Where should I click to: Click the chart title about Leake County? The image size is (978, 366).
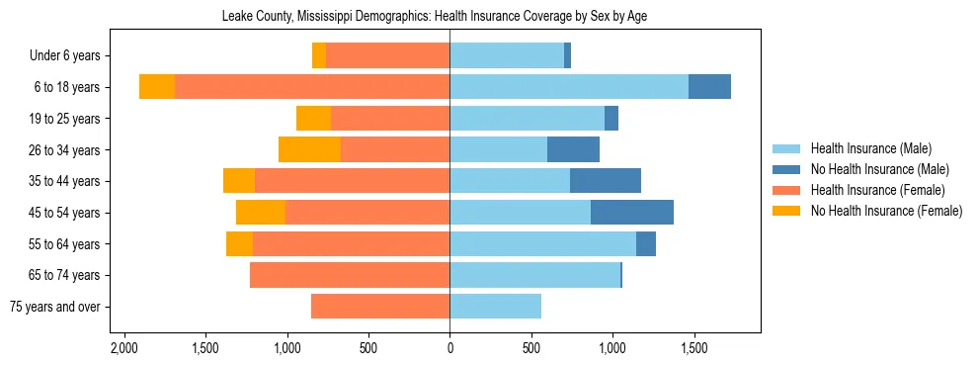[x=449, y=17]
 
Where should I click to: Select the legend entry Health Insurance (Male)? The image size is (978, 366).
[x=870, y=148]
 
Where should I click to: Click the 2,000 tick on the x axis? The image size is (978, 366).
[x=124, y=348]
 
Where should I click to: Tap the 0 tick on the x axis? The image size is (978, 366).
[x=449, y=348]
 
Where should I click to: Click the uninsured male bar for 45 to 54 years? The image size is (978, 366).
[x=632, y=213]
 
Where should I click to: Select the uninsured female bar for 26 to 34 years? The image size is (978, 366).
[x=309, y=149]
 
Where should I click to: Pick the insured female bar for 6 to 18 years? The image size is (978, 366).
[x=312, y=87]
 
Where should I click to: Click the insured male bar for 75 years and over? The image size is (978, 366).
[x=495, y=307]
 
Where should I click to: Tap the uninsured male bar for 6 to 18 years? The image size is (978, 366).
[x=709, y=87]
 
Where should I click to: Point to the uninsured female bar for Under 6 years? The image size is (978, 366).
[x=319, y=55]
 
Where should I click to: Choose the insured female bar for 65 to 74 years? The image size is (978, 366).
[x=350, y=275]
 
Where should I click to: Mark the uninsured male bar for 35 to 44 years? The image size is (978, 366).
[x=606, y=181]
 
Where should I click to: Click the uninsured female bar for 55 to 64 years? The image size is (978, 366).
[x=239, y=243]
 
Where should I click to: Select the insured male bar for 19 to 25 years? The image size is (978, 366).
[x=527, y=119]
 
